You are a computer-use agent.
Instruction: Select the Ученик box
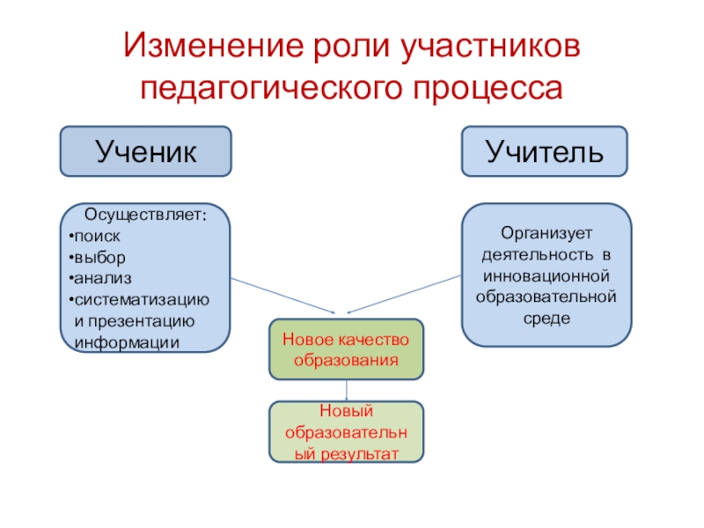pyautogui.click(x=145, y=150)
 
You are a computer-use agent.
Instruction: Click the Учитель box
pyautogui.click(x=546, y=150)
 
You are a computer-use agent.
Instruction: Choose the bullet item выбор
pyautogui.click(x=99, y=257)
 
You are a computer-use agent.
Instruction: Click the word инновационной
pyautogui.click(x=548, y=276)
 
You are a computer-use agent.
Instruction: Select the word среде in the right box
pyautogui.click(x=548, y=317)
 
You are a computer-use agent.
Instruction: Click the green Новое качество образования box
pyautogui.click(x=346, y=349)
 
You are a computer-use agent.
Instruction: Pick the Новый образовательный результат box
pyautogui.click(x=346, y=432)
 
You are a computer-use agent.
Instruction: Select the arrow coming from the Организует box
pyautogui.click(x=405, y=293)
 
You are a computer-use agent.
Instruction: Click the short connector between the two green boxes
pyautogui.click(x=347, y=390)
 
